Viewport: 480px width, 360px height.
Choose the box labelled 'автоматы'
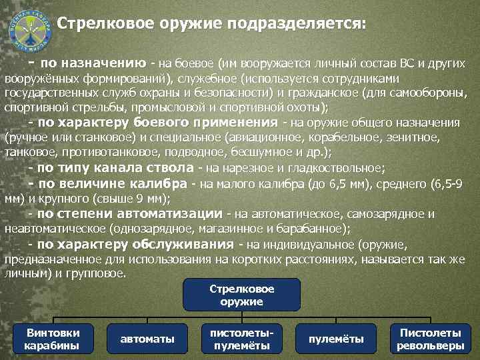[x=147, y=339]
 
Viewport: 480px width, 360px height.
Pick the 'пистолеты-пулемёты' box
[x=241, y=339]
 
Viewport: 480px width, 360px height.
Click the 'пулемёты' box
[x=336, y=339]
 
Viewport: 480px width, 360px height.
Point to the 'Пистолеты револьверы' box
[x=430, y=339]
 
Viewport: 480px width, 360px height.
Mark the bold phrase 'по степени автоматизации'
[x=130, y=213]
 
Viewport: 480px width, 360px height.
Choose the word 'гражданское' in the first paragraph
[x=321, y=93]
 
